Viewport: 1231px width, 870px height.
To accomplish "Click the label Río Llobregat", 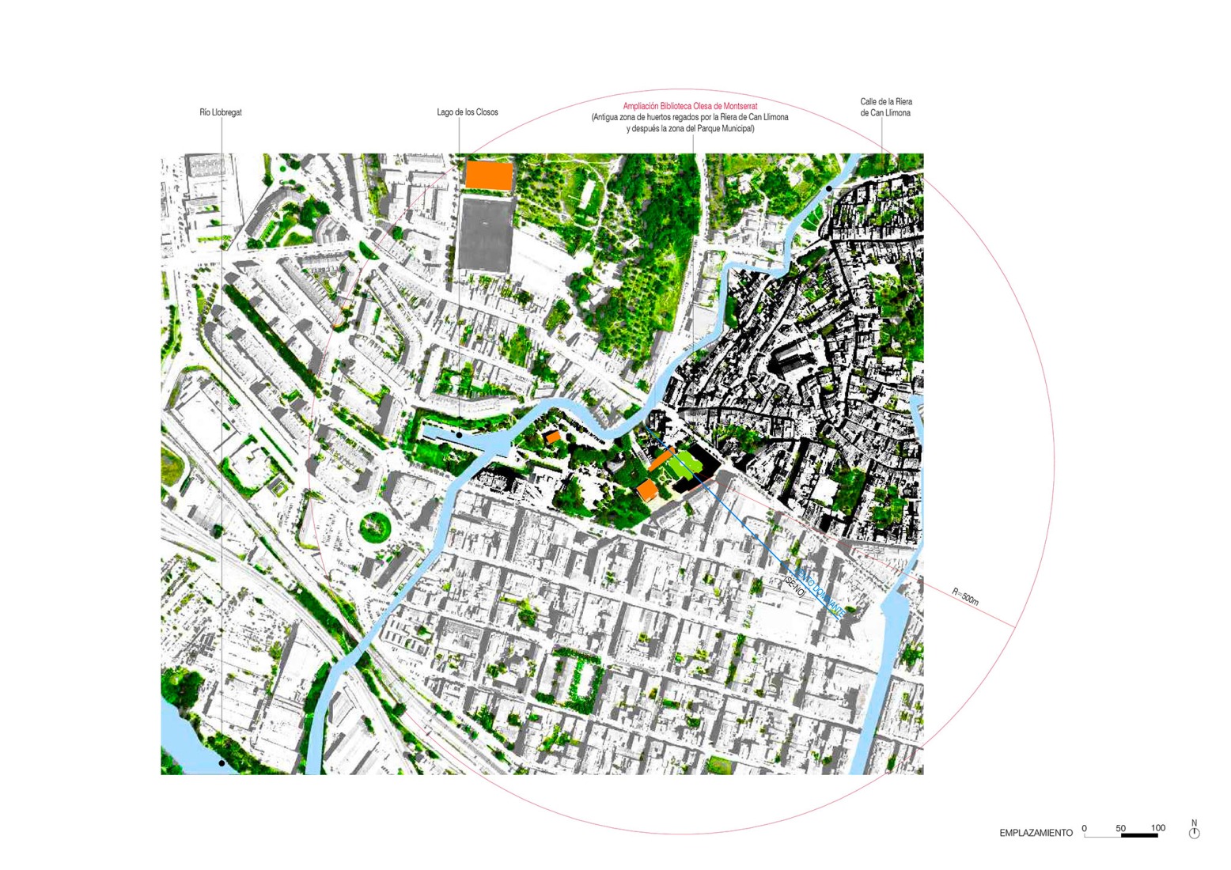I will pyautogui.click(x=221, y=112).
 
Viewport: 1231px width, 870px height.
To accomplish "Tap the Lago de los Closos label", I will pyautogui.click(x=468, y=112).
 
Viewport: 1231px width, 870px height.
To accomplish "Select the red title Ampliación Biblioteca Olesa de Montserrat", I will pyautogui.click(x=690, y=106).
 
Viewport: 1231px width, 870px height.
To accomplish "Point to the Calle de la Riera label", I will pyautogui.click(x=886, y=102).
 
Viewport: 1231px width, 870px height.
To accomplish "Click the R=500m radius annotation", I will pyautogui.click(x=965, y=597).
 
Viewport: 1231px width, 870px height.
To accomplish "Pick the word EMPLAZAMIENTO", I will pyautogui.click(x=1036, y=833).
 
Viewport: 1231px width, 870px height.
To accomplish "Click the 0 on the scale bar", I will pyautogui.click(x=1085, y=828).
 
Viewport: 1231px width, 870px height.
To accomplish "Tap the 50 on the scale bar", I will pyautogui.click(x=1120, y=828).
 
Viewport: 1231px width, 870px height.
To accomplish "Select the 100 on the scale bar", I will pyautogui.click(x=1158, y=828).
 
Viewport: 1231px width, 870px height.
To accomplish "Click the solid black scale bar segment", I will pyautogui.click(x=1139, y=835).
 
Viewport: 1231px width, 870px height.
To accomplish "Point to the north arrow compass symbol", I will pyautogui.click(x=1195, y=832).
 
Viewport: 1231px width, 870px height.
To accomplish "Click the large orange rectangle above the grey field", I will pyautogui.click(x=488, y=175).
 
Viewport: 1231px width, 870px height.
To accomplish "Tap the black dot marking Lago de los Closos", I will pyautogui.click(x=459, y=435).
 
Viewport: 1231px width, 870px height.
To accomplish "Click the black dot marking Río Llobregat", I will pyautogui.click(x=222, y=763).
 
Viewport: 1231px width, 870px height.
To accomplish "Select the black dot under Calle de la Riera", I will pyautogui.click(x=829, y=189).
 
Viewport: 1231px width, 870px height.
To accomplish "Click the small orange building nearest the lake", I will pyautogui.click(x=553, y=437).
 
